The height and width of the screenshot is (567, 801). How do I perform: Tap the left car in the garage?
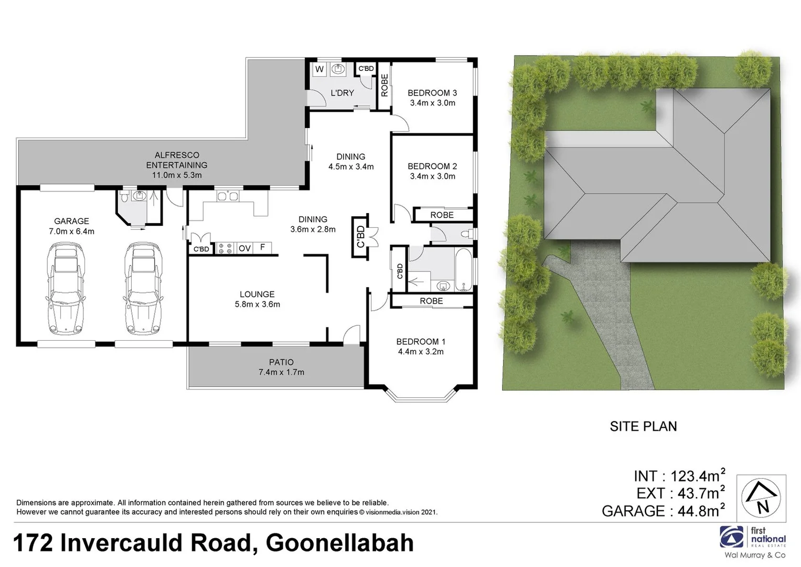[x=65, y=288]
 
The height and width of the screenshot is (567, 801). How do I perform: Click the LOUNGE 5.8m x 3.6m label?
[x=257, y=299]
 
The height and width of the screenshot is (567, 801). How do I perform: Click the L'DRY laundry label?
[x=342, y=93]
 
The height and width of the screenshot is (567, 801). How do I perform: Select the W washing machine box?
[x=319, y=69]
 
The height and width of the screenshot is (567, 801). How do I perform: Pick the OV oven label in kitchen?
[x=244, y=248]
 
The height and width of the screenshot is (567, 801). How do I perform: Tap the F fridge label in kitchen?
[x=262, y=247]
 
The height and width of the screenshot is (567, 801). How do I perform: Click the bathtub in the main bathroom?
[x=464, y=270]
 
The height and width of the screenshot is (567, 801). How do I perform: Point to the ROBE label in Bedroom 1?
[x=431, y=301]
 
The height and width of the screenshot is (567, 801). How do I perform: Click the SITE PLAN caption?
[x=643, y=426]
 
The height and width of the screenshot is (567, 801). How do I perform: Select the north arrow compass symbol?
[x=761, y=498]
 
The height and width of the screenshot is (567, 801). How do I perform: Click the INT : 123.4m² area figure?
[x=679, y=476]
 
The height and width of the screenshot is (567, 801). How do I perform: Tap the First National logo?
[x=752, y=538]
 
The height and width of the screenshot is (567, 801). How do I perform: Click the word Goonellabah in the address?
[x=340, y=543]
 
